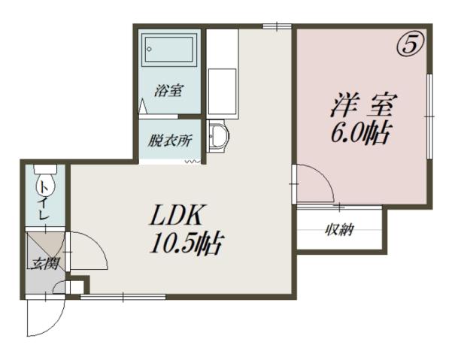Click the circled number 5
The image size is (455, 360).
(x=411, y=45)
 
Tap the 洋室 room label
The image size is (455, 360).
(x=363, y=105)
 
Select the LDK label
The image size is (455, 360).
(x=174, y=215)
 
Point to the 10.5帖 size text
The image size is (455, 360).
(x=186, y=244)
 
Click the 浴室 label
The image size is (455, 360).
(x=168, y=91)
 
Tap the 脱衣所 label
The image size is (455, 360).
(x=170, y=141)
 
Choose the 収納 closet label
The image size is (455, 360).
(x=338, y=230)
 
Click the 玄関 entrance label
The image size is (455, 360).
(x=46, y=264)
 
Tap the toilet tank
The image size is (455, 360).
(x=46, y=169)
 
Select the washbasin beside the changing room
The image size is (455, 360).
(x=218, y=137)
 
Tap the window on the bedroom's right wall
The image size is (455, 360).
(x=429, y=116)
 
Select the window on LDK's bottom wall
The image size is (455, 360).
(x=123, y=297)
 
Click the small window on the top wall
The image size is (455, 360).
(x=277, y=26)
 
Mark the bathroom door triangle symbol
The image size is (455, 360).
(x=143, y=106)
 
